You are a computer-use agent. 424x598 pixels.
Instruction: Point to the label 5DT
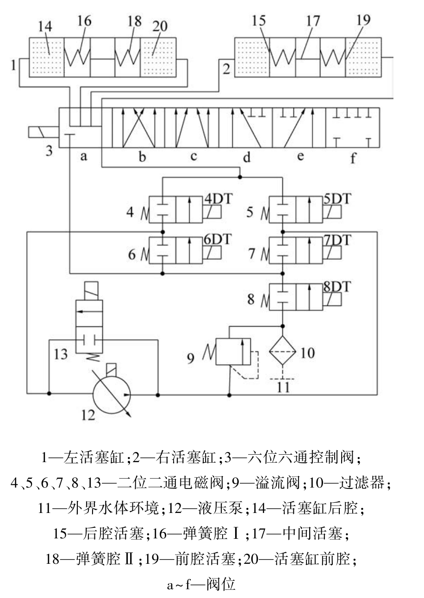(337, 198)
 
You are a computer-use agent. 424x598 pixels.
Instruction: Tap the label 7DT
(337, 240)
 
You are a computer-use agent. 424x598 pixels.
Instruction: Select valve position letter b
(143, 157)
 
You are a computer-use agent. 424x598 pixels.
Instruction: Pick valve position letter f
(353, 159)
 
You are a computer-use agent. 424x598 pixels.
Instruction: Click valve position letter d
(247, 158)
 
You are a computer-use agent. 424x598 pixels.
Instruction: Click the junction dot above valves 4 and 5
(239, 176)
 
